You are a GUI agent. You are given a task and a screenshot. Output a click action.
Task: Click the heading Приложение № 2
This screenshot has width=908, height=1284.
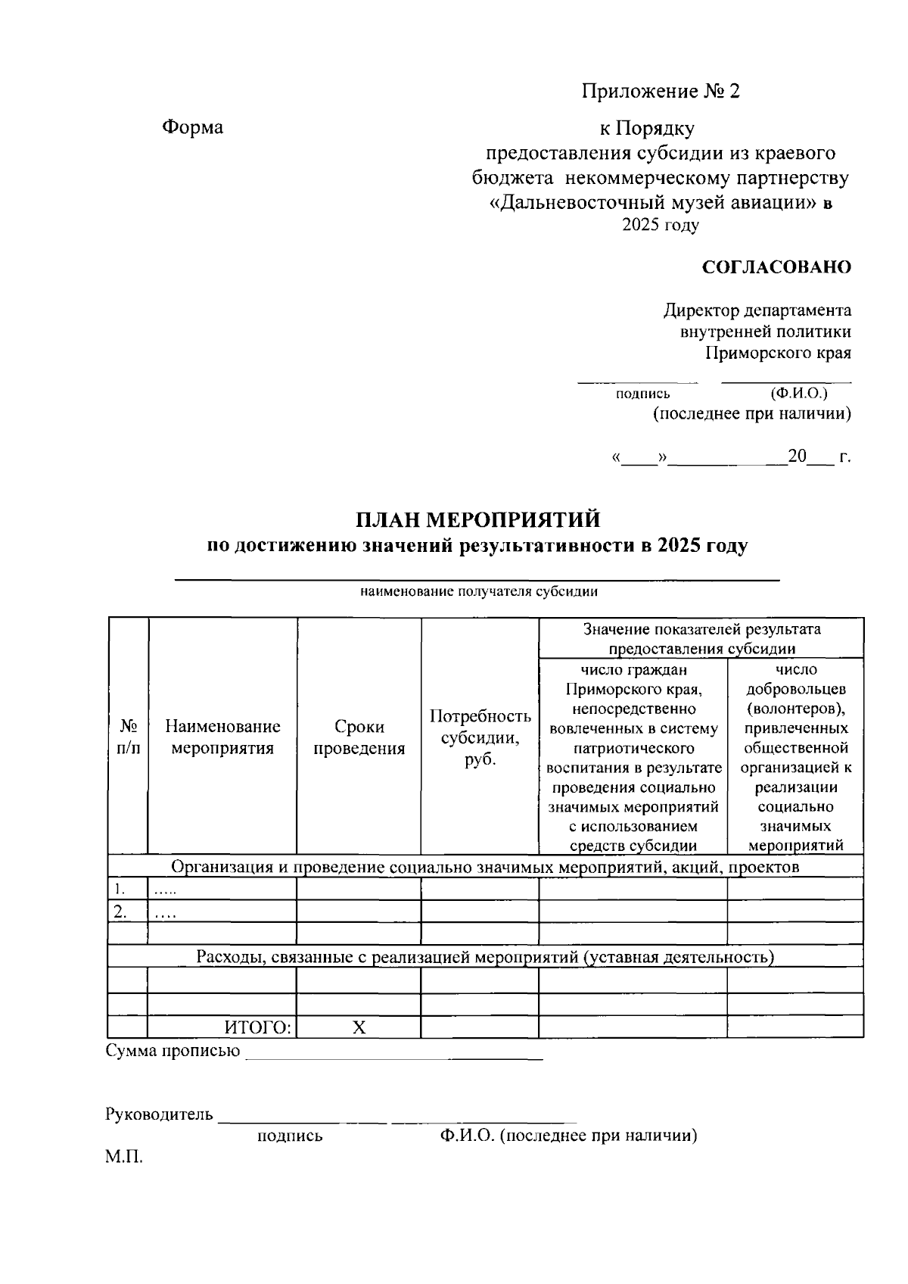click(x=661, y=92)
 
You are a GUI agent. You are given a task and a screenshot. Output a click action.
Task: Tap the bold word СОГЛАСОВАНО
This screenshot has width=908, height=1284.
click(x=776, y=267)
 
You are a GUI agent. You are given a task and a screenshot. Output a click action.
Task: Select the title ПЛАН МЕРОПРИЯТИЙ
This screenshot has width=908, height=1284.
click(x=478, y=520)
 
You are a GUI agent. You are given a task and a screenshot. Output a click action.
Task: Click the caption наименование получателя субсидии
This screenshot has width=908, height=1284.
click(x=478, y=592)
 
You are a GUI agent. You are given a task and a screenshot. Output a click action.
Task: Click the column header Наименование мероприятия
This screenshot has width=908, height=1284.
click(x=222, y=737)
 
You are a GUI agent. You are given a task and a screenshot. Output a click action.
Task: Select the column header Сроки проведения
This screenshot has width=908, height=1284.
click(x=359, y=737)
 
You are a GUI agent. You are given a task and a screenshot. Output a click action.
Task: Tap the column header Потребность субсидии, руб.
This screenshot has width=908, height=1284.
click(x=480, y=737)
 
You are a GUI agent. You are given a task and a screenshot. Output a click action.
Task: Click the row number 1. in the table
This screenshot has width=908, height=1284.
click(x=119, y=888)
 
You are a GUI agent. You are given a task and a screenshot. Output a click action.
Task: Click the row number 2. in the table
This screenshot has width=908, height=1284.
click(x=120, y=911)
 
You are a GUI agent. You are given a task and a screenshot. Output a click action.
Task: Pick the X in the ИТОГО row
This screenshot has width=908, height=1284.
click(x=359, y=1027)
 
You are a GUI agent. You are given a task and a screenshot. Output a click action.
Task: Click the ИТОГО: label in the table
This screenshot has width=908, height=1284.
click(x=257, y=1027)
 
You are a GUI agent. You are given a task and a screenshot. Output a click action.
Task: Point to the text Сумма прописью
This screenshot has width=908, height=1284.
click(x=173, y=1051)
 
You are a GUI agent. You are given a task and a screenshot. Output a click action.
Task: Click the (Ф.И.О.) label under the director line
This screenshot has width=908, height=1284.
click(x=798, y=394)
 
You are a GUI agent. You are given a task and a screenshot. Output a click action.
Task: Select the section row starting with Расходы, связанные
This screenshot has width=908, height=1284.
click(x=484, y=957)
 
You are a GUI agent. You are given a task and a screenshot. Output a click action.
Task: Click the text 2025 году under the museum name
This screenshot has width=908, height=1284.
click(x=660, y=225)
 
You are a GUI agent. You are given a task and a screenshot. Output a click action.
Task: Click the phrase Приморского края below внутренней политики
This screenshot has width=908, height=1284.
click(x=778, y=353)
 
